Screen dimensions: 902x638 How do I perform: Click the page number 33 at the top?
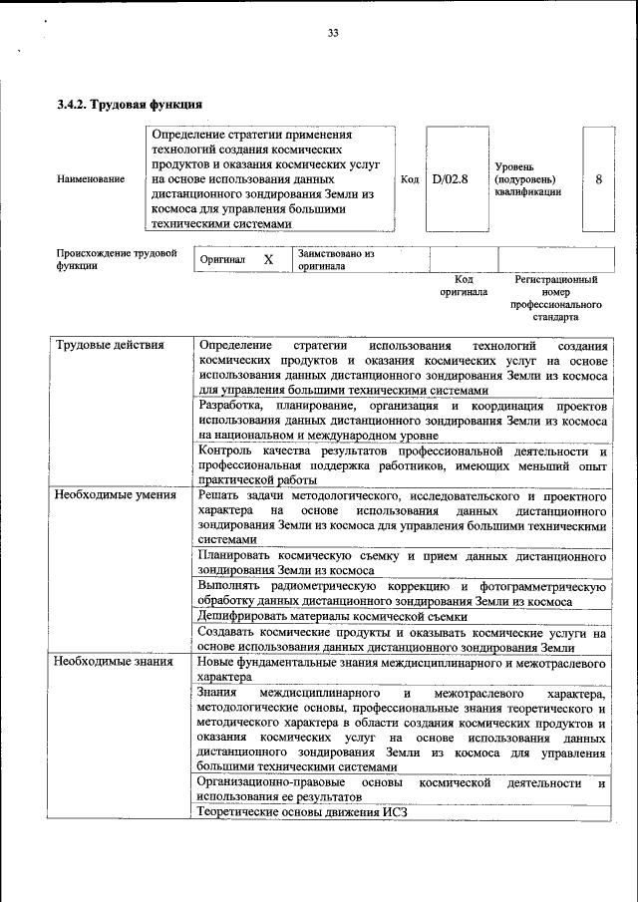(333, 34)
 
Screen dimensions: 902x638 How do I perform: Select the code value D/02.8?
(451, 179)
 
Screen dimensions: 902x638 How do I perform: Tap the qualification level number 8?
(598, 179)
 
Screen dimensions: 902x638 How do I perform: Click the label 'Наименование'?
(91, 179)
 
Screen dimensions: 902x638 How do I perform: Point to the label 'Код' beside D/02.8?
(409, 179)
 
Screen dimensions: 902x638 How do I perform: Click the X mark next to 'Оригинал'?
(267, 259)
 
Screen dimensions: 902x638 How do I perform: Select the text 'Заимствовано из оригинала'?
(335, 259)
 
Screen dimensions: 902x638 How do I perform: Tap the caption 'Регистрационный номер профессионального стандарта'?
(555, 299)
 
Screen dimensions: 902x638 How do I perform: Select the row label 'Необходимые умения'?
(115, 494)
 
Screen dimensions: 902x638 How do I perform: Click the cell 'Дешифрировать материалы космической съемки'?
(332, 617)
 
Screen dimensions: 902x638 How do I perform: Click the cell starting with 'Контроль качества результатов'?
(402, 464)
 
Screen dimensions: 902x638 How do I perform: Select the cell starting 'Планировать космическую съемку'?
(402, 562)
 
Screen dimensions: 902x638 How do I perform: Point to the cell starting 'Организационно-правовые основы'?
(402, 790)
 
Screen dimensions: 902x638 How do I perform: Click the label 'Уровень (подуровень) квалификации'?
(528, 179)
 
